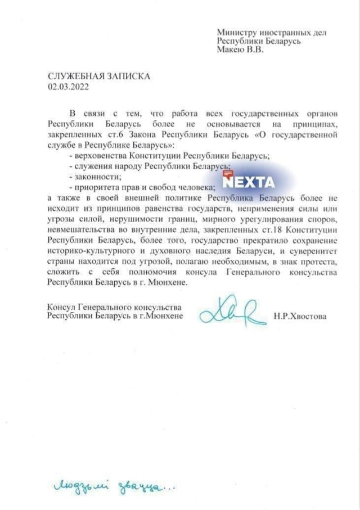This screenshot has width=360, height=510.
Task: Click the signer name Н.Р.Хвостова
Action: pyautogui.click(x=300, y=317)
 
